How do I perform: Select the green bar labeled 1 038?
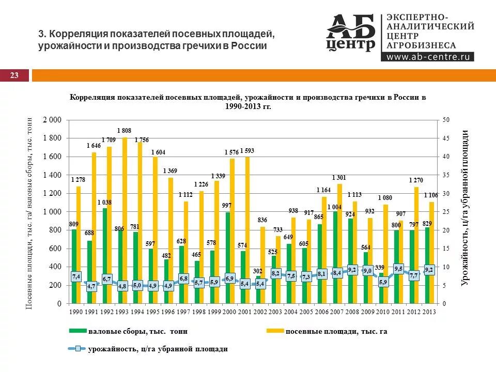tap(105, 256)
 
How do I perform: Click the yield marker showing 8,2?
tap(276, 273)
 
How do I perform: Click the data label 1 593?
tap(246, 151)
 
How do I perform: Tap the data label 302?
tap(258, 270)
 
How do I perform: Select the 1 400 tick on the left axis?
tap(52, 175)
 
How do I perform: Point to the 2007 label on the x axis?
tap(337, 312)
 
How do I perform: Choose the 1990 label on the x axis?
tap(76, 312)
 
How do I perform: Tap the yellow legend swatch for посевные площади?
tap(274, 331)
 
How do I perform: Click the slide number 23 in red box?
tap(14, 76)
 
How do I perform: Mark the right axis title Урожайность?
tap(465, 207)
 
